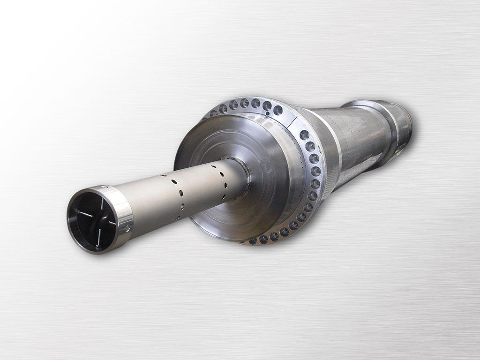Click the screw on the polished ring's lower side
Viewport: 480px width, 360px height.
pos(127,227)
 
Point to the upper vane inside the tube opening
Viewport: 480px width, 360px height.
pos(102,204)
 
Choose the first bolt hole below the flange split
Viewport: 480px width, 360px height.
pos(304,135)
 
